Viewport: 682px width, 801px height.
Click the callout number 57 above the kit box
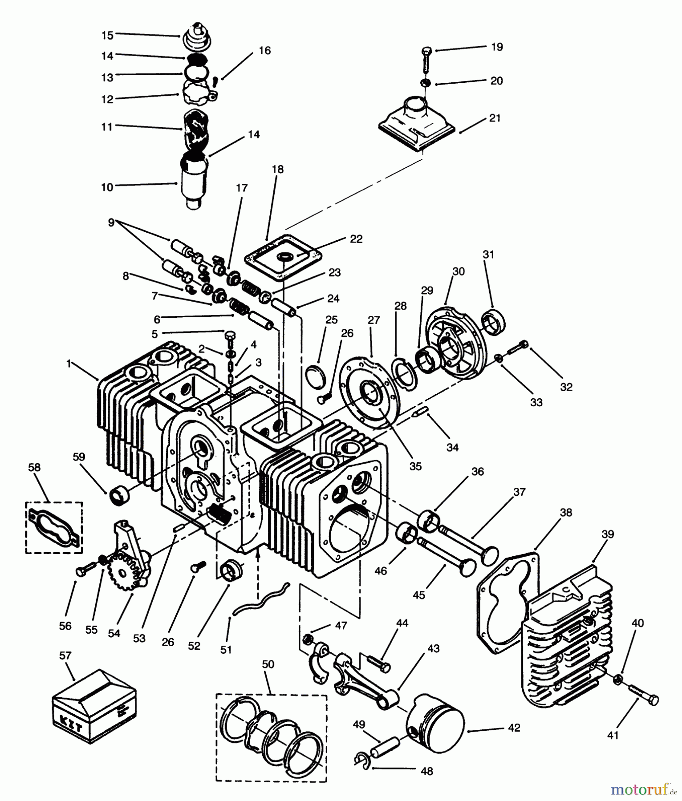click(x=65, y=655)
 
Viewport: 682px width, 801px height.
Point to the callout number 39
click(x=608, y=534)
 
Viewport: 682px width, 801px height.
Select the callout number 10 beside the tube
click(x=107, y=187)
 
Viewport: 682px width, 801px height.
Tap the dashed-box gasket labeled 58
click(x=54, y=528)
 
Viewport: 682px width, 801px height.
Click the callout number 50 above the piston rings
click(x=268, y=664)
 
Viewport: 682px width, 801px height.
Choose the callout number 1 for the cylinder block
click(x=69, y=364)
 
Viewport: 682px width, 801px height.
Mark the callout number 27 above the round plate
click(x=373, y=320)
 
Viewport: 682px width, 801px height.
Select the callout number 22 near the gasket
click(x=356, y=239)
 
